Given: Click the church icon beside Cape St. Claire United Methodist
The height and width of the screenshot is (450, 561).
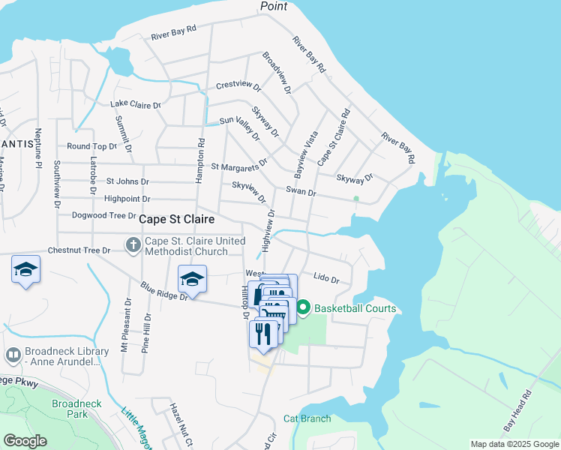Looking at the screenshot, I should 133,244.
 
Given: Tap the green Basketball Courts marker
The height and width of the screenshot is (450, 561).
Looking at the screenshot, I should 304,307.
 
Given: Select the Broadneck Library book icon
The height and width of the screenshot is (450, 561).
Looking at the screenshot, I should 13,355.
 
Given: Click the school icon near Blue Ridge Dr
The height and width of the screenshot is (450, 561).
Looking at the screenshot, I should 192,279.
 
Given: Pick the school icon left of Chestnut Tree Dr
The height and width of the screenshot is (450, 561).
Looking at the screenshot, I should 25,269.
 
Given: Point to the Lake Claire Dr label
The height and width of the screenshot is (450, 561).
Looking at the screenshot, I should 136,104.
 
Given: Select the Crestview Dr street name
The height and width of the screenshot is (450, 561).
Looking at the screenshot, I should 237,85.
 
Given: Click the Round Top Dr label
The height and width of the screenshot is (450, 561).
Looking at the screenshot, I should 91,146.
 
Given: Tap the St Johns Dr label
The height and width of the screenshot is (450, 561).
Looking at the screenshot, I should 127,181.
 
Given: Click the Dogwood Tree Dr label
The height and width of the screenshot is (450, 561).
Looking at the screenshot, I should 103,215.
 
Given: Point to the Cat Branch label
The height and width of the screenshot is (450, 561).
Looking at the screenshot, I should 307,418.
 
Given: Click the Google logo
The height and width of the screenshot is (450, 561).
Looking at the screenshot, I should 25,441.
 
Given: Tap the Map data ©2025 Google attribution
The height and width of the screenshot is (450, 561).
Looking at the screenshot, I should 514,444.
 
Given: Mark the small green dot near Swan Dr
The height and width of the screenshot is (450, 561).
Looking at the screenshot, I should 356,199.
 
